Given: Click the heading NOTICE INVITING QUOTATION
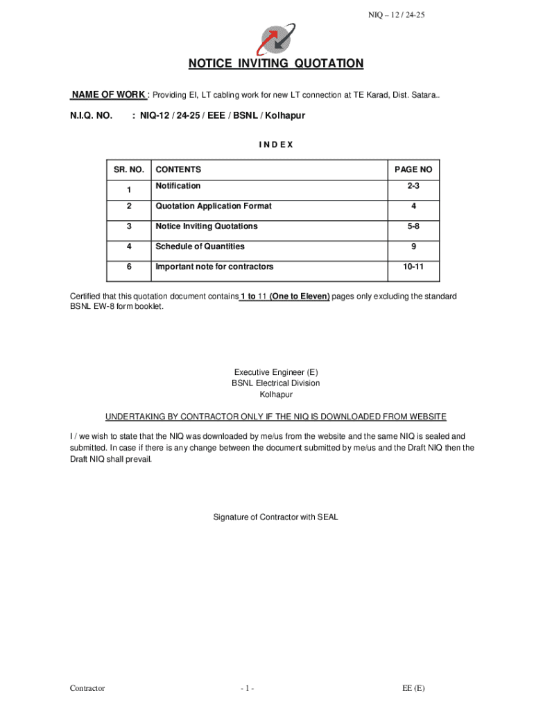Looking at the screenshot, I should pos(275,64).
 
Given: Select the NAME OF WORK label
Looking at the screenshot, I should pos(108,95).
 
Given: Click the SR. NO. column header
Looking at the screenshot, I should pos(128,169).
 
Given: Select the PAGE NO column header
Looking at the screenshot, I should pos(413,169).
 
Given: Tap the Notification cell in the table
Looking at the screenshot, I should pos(178,186).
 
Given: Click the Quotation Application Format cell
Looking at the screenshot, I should pos(214,206).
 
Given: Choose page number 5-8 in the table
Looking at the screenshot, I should pos(413,226).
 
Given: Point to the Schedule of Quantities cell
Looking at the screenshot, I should pos(200,246).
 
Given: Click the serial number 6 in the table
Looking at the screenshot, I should pos(128,267).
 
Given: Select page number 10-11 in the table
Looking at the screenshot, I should pos(413,267).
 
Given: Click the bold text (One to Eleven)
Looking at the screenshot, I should pos(300,296).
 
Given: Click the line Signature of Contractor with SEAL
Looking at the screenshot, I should pos(275,517).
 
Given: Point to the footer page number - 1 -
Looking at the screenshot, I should pos(248,688).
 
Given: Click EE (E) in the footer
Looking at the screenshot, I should pos(414,688).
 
